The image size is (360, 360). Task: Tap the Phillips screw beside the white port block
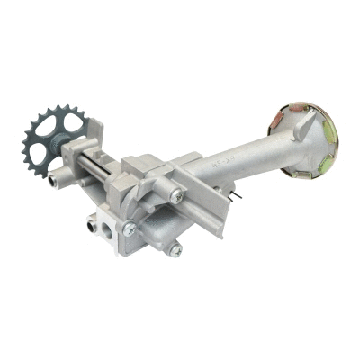pyautogui.click(x=131, y=229)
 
